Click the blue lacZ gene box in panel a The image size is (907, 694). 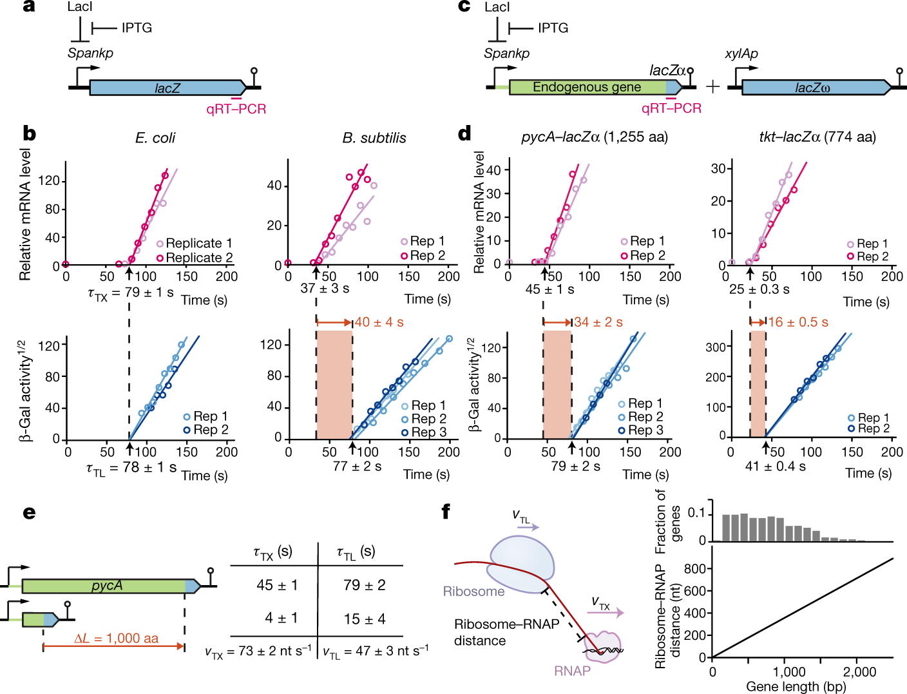[x=167, y=88]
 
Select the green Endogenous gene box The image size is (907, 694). [x=587, y=87]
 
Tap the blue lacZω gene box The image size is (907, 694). [x=812, y=88]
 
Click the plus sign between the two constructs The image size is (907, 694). [x=712, y=86]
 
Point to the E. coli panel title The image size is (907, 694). [x=155, y=138]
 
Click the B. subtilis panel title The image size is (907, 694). [x=374, y=138]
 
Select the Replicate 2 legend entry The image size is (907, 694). [x=194, y=258]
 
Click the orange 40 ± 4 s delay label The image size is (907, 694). [x=379, y=322]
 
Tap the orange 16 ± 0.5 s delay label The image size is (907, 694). [x=798, y=322]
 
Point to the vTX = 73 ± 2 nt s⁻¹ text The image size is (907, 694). [x=258, y=651]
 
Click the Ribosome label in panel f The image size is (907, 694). [x=473, y=592]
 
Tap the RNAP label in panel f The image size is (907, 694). [x=572, y=671]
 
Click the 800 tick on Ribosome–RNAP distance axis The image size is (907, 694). [x=694, y=569]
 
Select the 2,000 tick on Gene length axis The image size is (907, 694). [x=859, y=672]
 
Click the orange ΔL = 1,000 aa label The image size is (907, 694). [x=116, y=639]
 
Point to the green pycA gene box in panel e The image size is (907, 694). [x=106, y=586]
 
